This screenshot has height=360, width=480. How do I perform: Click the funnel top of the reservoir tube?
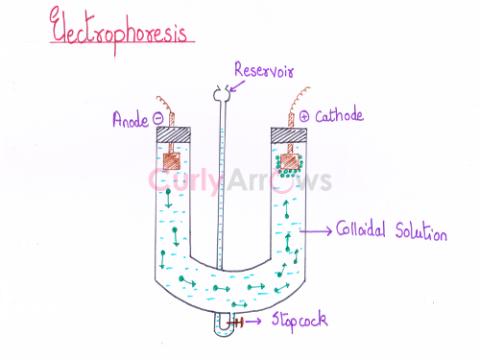click(x=219, y=95)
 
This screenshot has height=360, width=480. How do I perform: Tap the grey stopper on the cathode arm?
click(x=291, y=133)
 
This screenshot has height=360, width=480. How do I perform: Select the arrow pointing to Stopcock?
click(x=258, y=321)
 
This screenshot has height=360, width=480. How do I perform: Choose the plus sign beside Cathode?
click(x=306, y=118)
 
